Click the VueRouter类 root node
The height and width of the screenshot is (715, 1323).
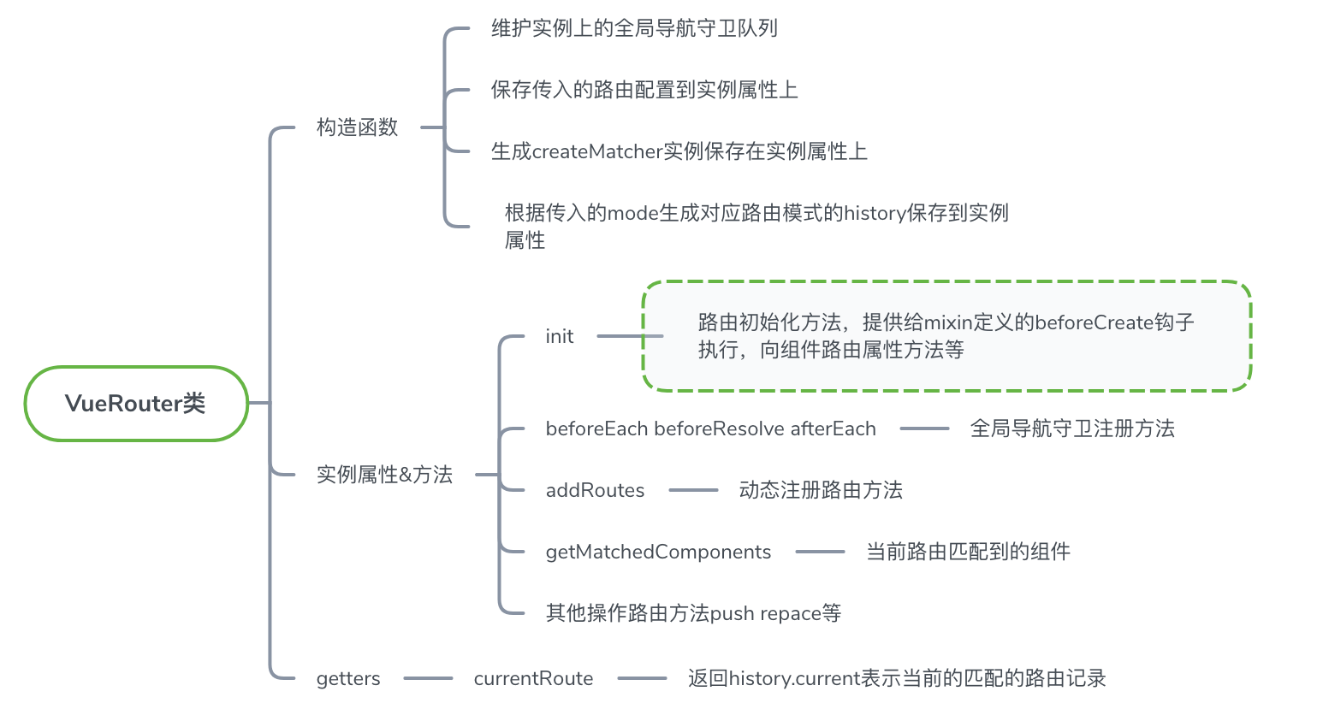135,404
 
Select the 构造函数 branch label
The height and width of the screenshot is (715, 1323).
358,127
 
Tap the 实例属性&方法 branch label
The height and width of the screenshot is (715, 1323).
384,475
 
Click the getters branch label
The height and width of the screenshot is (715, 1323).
348,679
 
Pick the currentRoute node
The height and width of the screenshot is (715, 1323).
533,679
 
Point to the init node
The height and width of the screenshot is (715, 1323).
559,337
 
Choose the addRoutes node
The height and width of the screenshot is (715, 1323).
595,491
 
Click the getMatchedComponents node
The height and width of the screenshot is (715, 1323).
658,552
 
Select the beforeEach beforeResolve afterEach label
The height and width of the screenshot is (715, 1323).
710,429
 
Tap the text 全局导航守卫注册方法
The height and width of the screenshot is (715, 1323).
1072,428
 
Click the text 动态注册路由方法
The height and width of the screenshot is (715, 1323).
821,490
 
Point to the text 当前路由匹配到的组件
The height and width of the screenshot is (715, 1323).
968,552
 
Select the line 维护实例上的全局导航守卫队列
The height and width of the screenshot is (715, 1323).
634,28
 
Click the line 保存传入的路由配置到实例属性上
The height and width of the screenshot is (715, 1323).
644,90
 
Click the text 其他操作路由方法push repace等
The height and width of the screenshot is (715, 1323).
693,613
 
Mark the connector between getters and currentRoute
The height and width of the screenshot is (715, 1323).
428,679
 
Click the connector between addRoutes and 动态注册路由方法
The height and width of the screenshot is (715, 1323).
693,491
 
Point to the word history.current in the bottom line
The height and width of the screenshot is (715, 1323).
794,679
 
